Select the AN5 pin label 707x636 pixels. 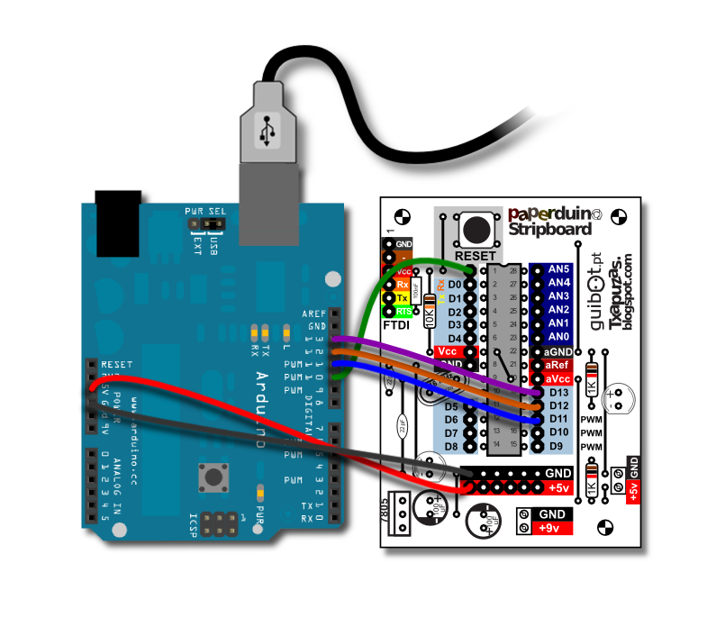[x=558, y=269]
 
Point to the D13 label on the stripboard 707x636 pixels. [x=558, y=392]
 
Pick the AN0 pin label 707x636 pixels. [x=558, y=336]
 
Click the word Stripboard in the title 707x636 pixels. [x=550, y=230]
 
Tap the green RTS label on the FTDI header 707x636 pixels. [x=403, y=311]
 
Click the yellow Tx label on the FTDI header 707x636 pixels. [x=403, y=297]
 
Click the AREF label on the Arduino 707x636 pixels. [x=314, y=313]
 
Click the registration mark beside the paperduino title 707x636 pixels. [x=618, y=216]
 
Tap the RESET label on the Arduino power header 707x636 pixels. [x=117, y=364]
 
